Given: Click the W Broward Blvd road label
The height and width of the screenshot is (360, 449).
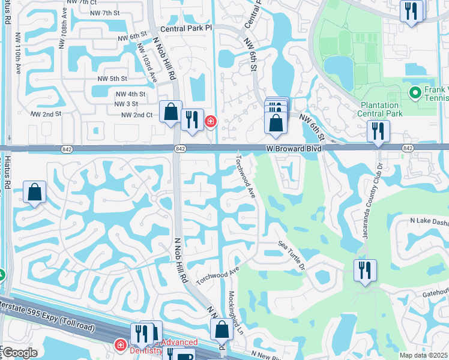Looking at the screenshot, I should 292,148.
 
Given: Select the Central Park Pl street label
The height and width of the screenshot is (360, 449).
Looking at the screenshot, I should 187,28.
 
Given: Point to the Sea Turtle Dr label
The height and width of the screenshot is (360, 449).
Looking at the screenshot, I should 292,256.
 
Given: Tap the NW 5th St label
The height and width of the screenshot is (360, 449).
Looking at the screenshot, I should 112,79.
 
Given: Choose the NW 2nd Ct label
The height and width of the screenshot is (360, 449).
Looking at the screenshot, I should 137,115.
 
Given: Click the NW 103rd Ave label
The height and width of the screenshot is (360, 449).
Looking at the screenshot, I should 146,62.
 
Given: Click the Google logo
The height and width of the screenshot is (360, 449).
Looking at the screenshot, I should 20,352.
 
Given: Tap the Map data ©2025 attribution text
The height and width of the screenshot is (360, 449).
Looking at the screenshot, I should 423,355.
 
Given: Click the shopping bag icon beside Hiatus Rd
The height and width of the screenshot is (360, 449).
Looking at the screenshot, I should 35,193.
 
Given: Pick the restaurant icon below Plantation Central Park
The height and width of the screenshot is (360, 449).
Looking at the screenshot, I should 379,131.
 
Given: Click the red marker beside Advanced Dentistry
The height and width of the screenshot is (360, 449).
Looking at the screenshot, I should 119,346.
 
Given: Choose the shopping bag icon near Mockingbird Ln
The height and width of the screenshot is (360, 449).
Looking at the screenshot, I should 221,329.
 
